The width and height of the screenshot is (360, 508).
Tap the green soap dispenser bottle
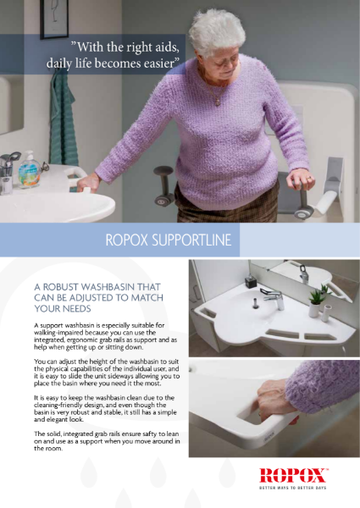click(29, 168)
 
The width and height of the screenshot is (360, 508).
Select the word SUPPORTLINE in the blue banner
click(193, 240)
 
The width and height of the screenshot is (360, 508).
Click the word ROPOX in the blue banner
click(131, 240)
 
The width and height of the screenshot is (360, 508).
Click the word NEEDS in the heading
click(81, 309)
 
